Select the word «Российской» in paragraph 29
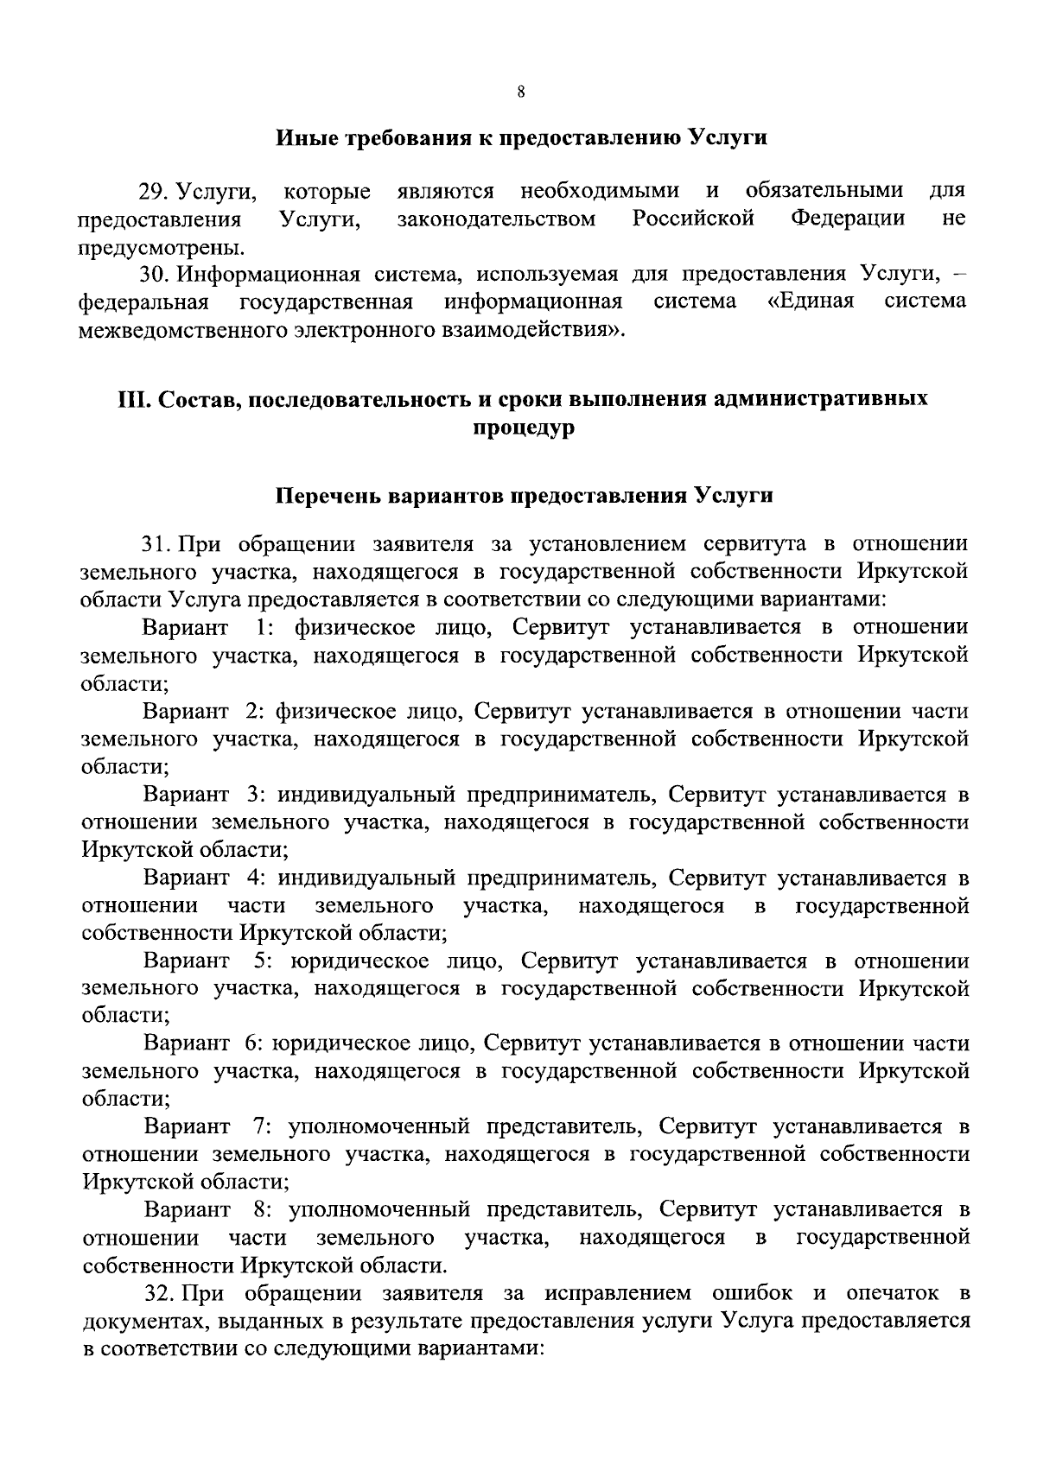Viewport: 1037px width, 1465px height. (693, 219)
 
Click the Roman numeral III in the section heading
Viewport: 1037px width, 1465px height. (130, 400)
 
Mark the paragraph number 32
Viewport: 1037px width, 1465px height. (156, 1293)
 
